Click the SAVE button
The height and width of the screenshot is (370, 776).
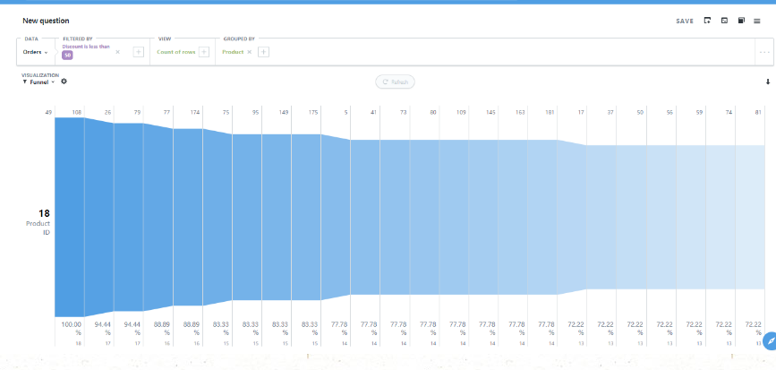click(x=685, y=21)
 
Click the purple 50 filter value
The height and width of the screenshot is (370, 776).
click(x=67, y=56)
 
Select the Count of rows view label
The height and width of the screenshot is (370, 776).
click(x=177, y=52)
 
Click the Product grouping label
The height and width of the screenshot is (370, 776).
click(x=233, y=52)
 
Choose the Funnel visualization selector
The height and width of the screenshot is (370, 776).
click(x=38, y=82)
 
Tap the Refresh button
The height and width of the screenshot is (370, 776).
click(x=395, y=82)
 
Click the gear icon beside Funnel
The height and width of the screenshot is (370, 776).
click(x=64, y=82)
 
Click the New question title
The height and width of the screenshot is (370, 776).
click(x=46, y=21)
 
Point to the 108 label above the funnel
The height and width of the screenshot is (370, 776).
click(x=77, y=112)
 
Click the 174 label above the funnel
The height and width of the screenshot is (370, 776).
click(x=195, y=112)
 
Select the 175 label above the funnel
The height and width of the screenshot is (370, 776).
click(x=313, y=112)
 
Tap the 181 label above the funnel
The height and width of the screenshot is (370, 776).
click(x=550, y=112)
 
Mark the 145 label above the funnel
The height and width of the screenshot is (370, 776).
click(x=490, y=112)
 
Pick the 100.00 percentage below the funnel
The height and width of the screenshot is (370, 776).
click(x=72, y=323)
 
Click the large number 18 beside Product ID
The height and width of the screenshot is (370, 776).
click(x=44, y=213)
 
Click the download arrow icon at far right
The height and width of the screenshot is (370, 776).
click(x=767, y=82)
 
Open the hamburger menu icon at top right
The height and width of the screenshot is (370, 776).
click(x=757, y=21)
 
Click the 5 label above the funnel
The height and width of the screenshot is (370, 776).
click(x=345, y=112)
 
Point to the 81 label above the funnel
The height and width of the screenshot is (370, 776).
click(x=757, y=112)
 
